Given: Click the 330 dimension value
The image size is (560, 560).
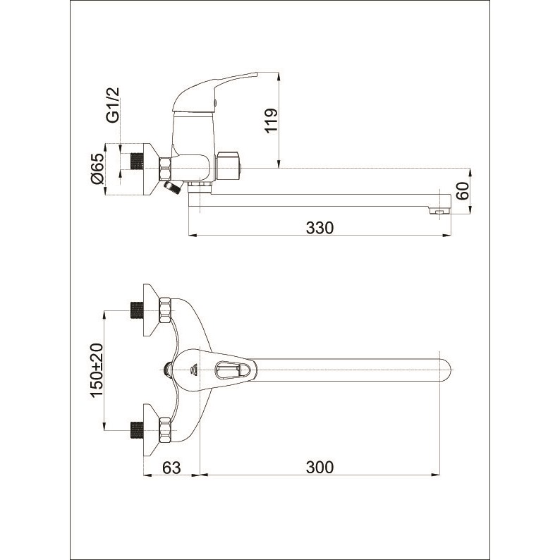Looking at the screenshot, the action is coord(319,228).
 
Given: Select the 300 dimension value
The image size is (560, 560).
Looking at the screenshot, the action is coord(319,467).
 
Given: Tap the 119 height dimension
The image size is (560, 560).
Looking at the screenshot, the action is coord(271,121).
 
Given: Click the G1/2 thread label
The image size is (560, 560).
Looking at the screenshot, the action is coord(114,105).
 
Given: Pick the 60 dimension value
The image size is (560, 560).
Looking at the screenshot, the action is coord(463,191).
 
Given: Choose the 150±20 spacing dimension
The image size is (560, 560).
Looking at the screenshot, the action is coord(97,370).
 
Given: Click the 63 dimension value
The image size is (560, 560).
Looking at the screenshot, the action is coord(171,467).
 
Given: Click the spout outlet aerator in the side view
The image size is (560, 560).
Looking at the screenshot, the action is coord(440,212).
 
